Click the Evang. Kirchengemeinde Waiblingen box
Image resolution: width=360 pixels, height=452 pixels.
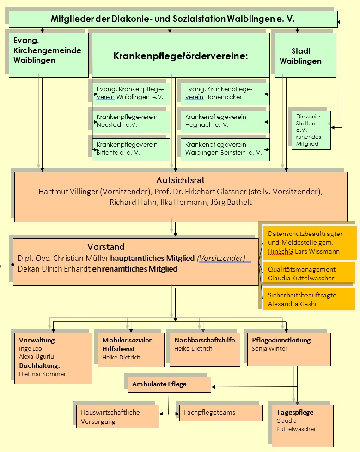coord(49,55)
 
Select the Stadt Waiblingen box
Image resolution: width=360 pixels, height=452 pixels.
coord(305,56)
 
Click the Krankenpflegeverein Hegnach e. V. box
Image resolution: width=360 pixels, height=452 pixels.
coord(225,121)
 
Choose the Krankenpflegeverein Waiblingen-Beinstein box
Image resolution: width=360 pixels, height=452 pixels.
coord(225,149)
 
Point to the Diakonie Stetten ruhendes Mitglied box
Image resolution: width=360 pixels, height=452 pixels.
coord(311,130)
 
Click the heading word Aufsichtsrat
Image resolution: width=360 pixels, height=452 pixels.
coord(181,180)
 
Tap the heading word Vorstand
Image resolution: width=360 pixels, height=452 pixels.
coord(106,247)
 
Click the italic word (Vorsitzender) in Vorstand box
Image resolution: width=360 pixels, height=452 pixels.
coord(221,258)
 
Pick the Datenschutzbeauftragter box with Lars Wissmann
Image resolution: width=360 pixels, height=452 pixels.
coord(309,243)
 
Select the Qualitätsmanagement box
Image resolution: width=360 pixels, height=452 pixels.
coord(308,273)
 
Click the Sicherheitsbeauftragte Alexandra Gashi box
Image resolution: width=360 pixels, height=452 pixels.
coord(308,299)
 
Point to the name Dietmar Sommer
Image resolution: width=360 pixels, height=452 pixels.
coord(43,374)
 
